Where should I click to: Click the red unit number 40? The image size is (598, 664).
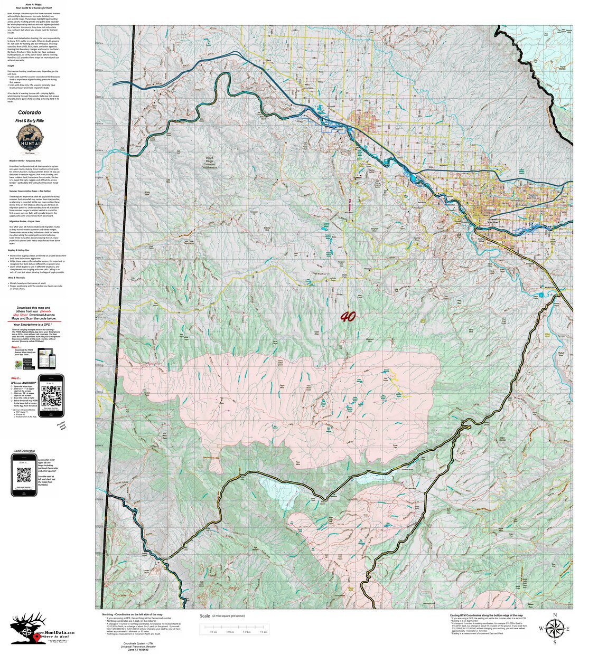348,317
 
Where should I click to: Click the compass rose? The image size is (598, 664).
554,628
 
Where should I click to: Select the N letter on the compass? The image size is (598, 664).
555,615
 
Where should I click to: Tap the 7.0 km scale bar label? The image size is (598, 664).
263,632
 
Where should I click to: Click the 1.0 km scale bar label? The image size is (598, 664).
213,632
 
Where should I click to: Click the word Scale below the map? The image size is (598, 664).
205,616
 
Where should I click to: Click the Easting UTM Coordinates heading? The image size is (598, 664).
486,615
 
